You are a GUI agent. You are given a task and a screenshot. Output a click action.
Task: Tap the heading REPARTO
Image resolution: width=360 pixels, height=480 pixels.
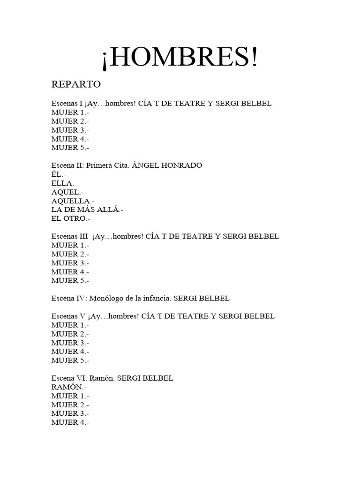coord(76,85)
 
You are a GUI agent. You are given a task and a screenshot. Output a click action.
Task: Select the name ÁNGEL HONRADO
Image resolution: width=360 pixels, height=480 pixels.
coord(167,165)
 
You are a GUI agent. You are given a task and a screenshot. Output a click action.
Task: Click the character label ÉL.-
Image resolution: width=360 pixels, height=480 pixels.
coord(59,174)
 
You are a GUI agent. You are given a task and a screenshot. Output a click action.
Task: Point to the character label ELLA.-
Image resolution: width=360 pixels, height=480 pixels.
coord(64,183)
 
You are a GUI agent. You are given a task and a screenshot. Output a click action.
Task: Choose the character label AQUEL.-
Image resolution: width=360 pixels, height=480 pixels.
coord(67,192)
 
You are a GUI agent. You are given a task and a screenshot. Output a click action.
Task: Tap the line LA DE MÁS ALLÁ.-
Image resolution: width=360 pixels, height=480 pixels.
coord(87,210)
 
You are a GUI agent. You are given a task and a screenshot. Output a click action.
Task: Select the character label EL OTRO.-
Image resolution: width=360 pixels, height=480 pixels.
coord(71,218)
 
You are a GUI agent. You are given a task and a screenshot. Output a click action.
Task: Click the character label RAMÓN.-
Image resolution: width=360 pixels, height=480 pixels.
coord(69,387)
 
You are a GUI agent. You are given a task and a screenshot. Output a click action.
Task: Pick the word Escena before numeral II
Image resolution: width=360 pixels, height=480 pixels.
coord(62,165)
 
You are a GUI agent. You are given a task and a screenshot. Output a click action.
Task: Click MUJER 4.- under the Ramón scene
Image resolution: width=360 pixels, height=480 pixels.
coord(70,422)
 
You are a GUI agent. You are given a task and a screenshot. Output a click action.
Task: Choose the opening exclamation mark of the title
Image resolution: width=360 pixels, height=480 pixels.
coord(105,60)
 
